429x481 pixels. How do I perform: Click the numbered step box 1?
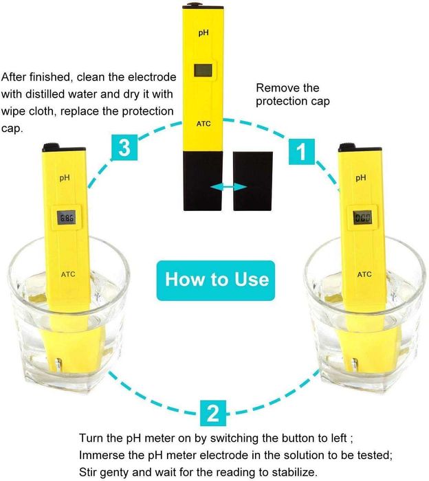pos(302,152)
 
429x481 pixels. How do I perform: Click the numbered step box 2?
pos(213,413)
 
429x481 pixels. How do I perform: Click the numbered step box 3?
pos(124,147)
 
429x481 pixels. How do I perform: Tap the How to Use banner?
pos(216,280)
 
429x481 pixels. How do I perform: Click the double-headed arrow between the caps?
pos(229,187)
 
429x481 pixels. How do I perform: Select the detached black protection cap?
pos(253,181)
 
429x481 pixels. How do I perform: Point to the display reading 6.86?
pos(66,218)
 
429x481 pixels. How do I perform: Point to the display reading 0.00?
pos(363,218)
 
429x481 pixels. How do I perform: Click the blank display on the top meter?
pos(203,70)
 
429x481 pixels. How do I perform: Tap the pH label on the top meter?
pos(203,32)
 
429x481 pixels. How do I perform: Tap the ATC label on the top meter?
pos(203,124)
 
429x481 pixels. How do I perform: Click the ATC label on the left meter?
pos(68,274)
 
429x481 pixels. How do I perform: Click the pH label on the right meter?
pos(361,177)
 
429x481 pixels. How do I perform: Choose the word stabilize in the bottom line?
pos(291,471)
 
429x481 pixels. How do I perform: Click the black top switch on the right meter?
pos(346,147)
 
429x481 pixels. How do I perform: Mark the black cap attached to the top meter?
pos(203,181)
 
